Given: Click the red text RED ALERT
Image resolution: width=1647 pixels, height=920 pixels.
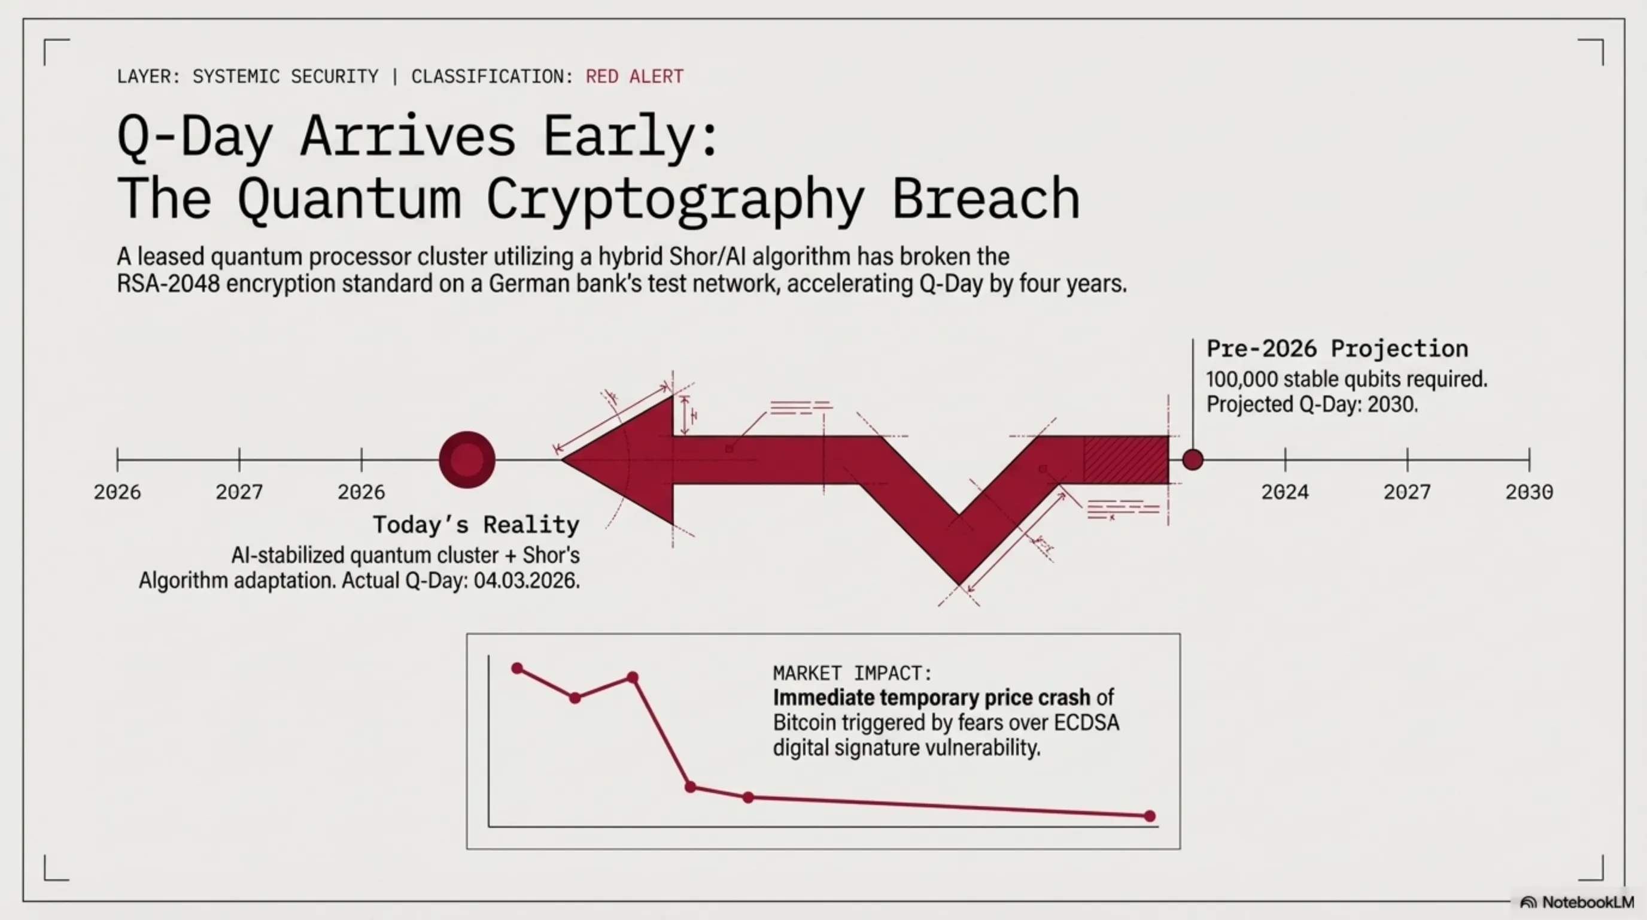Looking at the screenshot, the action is click(634, 77).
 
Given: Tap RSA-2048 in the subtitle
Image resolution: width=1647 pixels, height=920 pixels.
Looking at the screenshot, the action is click(168, 283).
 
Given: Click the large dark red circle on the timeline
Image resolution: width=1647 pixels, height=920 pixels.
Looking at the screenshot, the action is click(467, 459).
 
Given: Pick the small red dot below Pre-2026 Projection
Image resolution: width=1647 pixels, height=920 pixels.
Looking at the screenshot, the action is click(1192, 459).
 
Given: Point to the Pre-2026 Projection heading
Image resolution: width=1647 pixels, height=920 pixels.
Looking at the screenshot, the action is click(1337, 349).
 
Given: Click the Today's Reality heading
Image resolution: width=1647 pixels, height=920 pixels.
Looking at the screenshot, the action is click(476, 525).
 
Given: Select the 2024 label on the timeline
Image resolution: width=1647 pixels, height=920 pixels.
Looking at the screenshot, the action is click(1285, 492).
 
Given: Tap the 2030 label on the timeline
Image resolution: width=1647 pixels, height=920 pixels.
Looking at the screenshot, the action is click(1529, 492).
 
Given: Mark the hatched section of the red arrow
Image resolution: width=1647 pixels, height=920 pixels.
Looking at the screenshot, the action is click(1126, 459).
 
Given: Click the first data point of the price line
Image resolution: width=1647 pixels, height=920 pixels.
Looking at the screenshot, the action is click(517, 668).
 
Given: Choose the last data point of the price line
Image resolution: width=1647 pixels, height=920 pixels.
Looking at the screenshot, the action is click(1150, 816).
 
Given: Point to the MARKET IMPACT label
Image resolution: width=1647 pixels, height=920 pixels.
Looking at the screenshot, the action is click(852, 673).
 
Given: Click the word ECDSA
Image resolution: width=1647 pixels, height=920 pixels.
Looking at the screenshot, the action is click(1086, 722).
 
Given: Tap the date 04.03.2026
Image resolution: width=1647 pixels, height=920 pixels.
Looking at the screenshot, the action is click(526, 580).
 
